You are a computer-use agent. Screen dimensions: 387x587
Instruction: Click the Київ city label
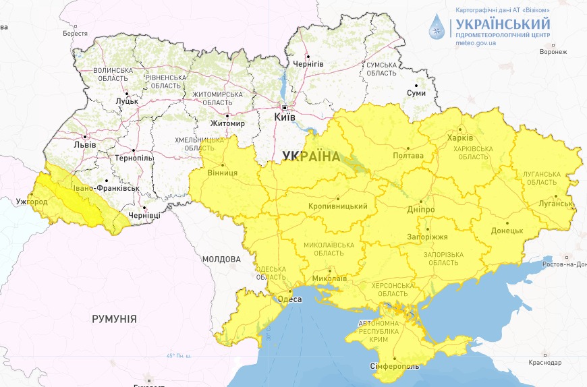pos(284,117)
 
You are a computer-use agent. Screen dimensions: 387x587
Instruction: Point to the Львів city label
pos(84,144)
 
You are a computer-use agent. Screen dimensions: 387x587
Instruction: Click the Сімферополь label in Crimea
pos(395,367)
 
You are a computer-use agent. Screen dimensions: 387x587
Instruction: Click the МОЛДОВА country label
pos(221,259)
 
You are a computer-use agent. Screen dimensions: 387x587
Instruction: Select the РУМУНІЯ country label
pos(114,319)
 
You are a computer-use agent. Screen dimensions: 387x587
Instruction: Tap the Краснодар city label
pos(545,363)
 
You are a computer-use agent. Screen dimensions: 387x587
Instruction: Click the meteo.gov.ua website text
pos(476,43)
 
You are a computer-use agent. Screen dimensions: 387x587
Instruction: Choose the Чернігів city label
pos(308,64)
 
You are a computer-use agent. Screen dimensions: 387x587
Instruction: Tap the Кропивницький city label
pos(337,206)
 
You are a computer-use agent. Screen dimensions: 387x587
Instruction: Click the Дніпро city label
pos(420,210)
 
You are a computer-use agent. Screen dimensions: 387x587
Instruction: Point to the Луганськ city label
pos(556,204)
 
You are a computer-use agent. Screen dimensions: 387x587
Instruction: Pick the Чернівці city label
pos(145,214)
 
